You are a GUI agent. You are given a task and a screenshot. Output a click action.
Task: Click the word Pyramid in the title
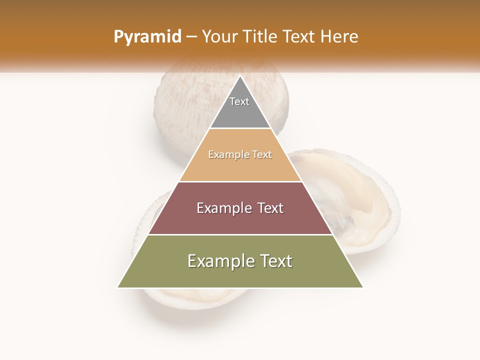147,37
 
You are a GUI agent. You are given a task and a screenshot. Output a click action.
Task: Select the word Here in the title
339,36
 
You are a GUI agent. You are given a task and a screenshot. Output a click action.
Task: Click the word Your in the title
219,36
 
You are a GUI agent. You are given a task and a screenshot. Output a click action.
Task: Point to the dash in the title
191,37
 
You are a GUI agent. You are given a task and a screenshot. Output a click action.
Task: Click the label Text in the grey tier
239,101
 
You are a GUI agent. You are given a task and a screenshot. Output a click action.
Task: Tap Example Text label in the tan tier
240,155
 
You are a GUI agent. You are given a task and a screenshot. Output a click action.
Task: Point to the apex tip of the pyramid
240,76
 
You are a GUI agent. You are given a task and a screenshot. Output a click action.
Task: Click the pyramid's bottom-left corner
118,287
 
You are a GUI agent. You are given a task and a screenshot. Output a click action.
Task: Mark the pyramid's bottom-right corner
362,287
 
